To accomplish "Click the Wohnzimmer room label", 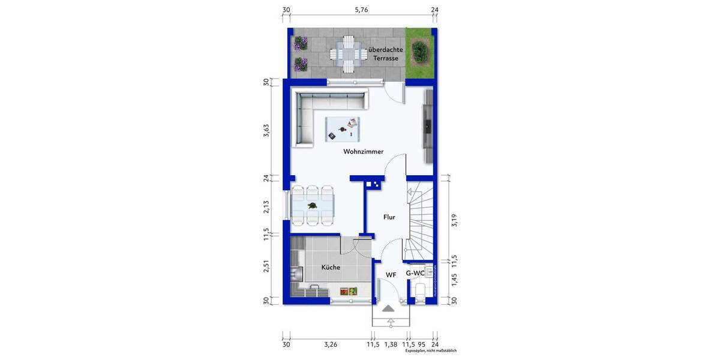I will [363, 152].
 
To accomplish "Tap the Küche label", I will [331, 268].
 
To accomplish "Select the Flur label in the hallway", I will [389, 217].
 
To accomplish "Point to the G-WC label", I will [415, 274].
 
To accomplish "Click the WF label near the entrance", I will [391, 275].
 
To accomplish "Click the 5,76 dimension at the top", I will [361, 10].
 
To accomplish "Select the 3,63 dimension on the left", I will [266, 131].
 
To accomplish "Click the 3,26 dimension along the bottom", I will [330, 344].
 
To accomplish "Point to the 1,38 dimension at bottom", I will [391, 344].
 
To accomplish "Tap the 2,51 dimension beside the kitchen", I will [266, 266].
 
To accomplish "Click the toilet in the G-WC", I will [421, 291].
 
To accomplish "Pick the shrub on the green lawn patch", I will [419, 53].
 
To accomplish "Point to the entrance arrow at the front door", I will [389, 308].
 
